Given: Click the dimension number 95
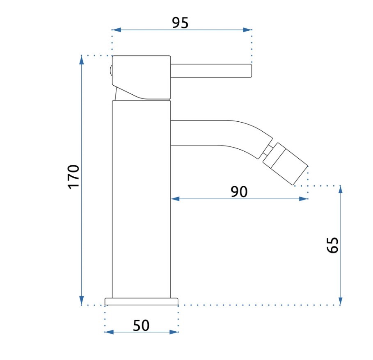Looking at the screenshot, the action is (x=180, y=23).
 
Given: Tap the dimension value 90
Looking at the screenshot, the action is (x=239, y=192).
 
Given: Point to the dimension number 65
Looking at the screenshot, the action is (x=332, y=245).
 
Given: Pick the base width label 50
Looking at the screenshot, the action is (x=141, y=325).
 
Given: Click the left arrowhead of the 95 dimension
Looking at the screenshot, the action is (x=116, y=30).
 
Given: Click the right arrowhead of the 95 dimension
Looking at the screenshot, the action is (x=247, y=30).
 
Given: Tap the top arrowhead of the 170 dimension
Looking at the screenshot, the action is (x=82, y=60).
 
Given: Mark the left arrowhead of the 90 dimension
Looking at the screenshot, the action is (x=175, y=198).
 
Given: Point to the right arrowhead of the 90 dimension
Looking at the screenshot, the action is (x=304, y=198).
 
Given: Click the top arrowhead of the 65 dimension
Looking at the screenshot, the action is (x=341, y=190).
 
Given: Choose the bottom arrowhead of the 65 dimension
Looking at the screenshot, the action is (x=341, y=301).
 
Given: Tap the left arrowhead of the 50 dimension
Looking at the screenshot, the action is (x=109, y=332).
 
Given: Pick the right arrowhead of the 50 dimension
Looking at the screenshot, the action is (x=174, y=332).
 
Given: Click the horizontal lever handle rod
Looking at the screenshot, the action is (x=211, y=71).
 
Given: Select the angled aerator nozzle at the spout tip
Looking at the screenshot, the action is (x=286, y=164).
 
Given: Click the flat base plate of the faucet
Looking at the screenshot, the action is (x=142, y=301).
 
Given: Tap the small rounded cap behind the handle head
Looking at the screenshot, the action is (x=111, y=71).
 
